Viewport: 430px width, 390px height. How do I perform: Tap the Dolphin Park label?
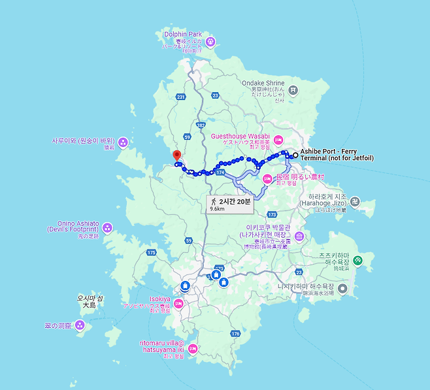tap(183, 34)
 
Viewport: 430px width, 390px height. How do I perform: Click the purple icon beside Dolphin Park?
tap(210, 42)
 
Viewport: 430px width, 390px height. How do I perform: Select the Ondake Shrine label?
tap(263, 84)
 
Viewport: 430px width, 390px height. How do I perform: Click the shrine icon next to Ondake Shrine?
tap(294, 89)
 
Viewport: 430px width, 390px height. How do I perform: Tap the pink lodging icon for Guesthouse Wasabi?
tap(278, 139)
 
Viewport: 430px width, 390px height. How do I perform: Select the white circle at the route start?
tap(295, 155)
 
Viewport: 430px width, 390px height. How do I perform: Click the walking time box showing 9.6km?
tap(228, 204)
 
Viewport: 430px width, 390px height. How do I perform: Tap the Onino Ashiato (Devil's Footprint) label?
tap(73, 226)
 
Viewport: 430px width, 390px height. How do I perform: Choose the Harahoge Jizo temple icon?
tap(354, 201)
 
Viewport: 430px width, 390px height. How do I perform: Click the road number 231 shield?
tap(181, 97)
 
